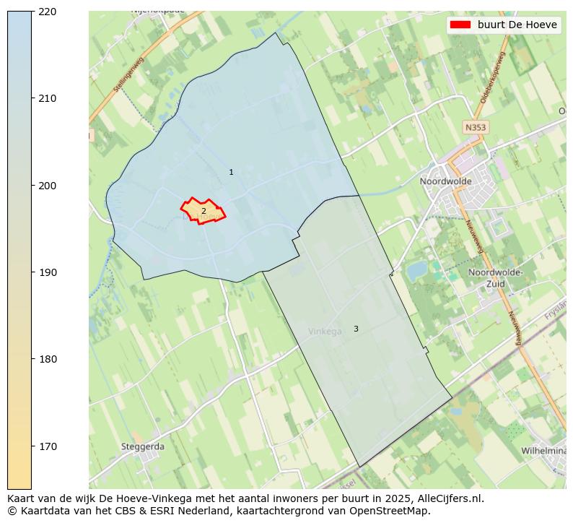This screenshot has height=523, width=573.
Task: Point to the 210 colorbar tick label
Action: click(47, 98)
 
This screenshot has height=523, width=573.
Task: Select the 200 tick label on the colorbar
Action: click(47, 186)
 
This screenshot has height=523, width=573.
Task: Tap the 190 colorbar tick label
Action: click(47, 272)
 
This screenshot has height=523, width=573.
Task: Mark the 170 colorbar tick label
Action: click(47, 446)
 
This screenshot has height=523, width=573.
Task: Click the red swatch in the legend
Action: click(460, 25)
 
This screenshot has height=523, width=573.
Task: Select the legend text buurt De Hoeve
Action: click(517, 25)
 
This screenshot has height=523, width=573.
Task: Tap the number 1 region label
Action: click(231, 173)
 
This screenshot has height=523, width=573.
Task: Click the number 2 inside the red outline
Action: click(204, 211)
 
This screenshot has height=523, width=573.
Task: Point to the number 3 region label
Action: click(356, 329)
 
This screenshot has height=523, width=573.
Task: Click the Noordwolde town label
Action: click(445, 181)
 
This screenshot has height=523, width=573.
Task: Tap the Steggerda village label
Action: click(142, 446)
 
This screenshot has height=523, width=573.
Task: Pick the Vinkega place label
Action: click(325, 332)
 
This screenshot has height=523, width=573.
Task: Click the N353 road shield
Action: click(475, 127)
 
